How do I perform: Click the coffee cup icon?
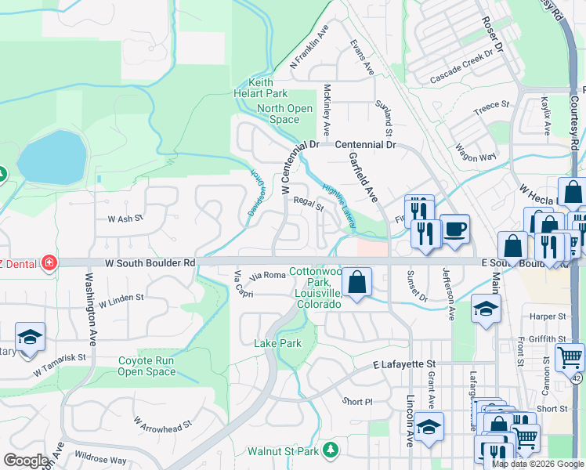455,229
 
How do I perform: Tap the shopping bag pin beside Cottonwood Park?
357,282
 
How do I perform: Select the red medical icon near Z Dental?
49,262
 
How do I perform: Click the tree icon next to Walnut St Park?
331,450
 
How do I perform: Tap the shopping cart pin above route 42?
569,357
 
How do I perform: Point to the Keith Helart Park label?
274,88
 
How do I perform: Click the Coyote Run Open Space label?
146,366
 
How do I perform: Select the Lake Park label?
277,343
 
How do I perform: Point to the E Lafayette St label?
403,364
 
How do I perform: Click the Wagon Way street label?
476,153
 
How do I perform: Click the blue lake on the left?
52,154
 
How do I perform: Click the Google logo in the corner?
26,461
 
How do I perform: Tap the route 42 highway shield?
577,378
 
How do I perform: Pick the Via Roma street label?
268,275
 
